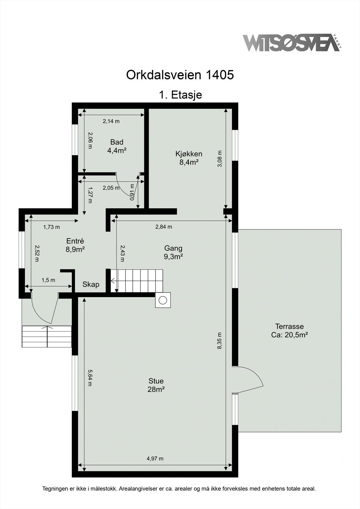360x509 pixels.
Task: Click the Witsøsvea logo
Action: (x=292, y=43)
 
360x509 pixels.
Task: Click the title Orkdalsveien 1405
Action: (x=180, y=75)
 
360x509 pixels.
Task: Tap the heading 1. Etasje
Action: (x=180, y=95)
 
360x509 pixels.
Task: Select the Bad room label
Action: (x=117, y=146)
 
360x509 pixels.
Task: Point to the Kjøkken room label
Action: (x=189, y=158)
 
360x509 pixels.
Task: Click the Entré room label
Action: (x=75, y=245)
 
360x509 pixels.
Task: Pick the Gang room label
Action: (x=173, y=252)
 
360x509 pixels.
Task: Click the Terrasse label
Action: (x=290, y=331)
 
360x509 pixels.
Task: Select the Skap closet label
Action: (x=91, y=284)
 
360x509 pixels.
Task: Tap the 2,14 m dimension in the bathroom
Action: (x=111, y=121)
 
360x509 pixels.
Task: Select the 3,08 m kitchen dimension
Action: (x=219, y=159)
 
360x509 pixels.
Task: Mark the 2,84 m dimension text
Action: (x=164, y=227)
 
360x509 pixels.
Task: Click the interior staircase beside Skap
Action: (x=137, y=281)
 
